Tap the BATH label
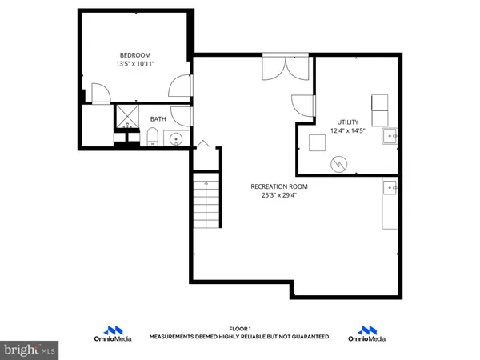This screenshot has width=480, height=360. click(158, 119)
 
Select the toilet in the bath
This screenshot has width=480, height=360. click(151, 141)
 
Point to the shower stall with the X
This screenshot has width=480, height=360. click(127, 117)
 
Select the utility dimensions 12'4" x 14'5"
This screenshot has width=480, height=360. click(348, 130)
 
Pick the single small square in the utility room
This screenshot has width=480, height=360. click(316, 143)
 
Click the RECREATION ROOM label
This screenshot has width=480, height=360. click(279, 186)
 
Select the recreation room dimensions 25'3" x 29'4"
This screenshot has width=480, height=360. click(279, 195)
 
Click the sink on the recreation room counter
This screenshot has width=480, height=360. click(390, 188)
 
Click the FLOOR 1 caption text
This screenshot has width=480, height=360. click(240, 329)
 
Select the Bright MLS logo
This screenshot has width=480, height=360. click(30, 350)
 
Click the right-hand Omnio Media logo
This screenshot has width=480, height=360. click(368, 333)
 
